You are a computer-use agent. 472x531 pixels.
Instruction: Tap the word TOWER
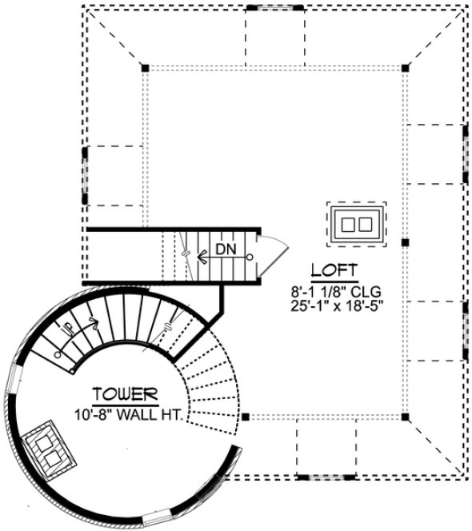click(x=123, y=393)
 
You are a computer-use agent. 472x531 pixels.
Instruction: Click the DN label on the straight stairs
click(x=226, y=250)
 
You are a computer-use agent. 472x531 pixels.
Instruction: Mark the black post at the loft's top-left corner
click(x=145, y=66)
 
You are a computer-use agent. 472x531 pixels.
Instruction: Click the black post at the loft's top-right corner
click(x=406, y=66)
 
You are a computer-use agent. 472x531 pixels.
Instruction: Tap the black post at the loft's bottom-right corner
click(x=406, y=417)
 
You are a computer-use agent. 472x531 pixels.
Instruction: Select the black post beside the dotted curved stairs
click(x=246, y=417)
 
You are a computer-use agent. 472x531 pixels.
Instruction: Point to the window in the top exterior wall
click(x=270, y=6)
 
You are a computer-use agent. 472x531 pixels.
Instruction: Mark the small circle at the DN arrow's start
click(x=250, y=257)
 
